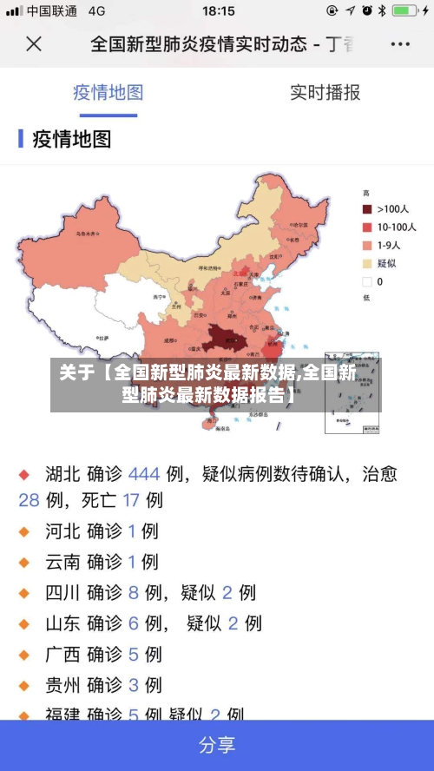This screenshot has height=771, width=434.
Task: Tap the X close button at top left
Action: (33, 43)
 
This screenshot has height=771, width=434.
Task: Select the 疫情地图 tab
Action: (108, 92)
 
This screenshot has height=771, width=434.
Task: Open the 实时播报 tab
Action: (325, 92)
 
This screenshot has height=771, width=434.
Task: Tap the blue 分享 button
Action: (217, 745)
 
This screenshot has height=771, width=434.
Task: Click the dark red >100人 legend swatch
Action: (367, 209)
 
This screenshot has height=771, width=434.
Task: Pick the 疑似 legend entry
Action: (386, 263)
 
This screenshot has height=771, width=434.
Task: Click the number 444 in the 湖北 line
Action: (144, 474)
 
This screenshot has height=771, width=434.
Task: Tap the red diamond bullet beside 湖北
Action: (25, 475)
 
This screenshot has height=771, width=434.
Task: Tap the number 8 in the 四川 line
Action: (133, 593)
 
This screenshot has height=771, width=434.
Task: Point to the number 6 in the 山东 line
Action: (133, 623)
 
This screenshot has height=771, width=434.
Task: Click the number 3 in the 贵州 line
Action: (133, 685)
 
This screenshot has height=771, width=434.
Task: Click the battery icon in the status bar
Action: (404, 11)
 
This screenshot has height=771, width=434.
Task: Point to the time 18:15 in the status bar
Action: (218, 11)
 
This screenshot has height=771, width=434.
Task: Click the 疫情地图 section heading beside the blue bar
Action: (72, 139)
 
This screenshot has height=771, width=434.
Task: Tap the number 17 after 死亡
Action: (131, 500)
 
